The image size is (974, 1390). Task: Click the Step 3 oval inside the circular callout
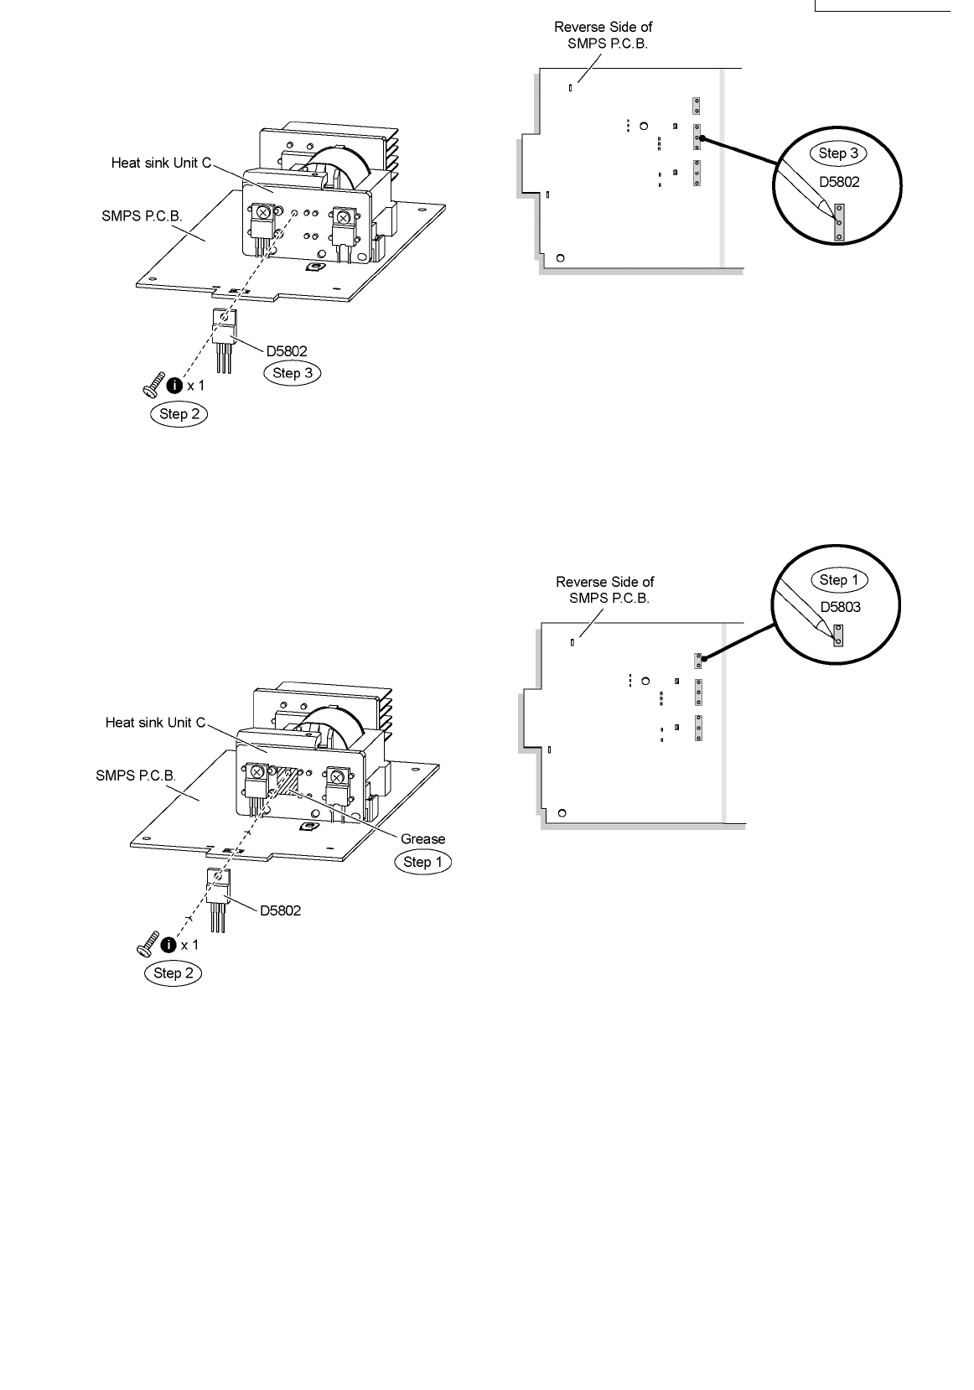pos(837,153)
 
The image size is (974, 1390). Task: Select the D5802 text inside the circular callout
pos(839,180)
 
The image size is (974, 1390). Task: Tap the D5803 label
pos(840,607)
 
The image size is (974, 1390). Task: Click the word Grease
pos(422,838)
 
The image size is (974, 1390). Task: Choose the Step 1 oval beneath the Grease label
pos(422,862)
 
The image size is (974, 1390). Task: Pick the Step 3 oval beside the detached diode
pos(292,373)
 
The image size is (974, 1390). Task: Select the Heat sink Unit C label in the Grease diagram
pos(155,722)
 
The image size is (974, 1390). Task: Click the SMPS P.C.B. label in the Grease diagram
pos(136,775)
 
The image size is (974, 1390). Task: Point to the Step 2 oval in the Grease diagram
pos(173,972)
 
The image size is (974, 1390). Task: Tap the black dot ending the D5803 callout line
pos(704,660)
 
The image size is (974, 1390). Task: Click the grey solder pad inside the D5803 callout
pos(837,639)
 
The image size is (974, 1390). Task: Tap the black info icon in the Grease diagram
pos(168,945)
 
